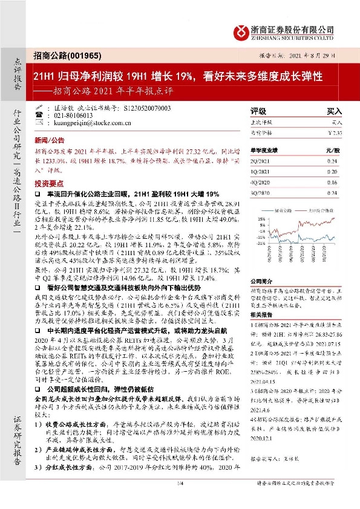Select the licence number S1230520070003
145,108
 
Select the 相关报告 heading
262,315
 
